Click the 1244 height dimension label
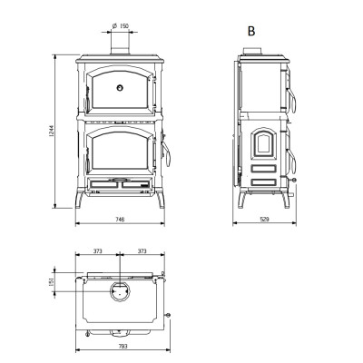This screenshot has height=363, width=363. tap(52, 132)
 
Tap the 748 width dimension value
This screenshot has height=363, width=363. tap(120, 220)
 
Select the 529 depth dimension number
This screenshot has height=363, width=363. tap(264, 220)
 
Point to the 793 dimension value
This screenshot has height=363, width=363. tap(123, 347)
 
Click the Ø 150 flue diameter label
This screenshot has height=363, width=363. tap(120, 26)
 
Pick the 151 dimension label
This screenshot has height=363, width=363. tap(52, 282)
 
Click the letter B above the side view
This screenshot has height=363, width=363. tap(251, 31)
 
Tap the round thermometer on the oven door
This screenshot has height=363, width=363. tap(120, 88)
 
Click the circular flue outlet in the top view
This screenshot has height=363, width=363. tap(120, 283)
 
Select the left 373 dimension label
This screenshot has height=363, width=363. tap(97, 251)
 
